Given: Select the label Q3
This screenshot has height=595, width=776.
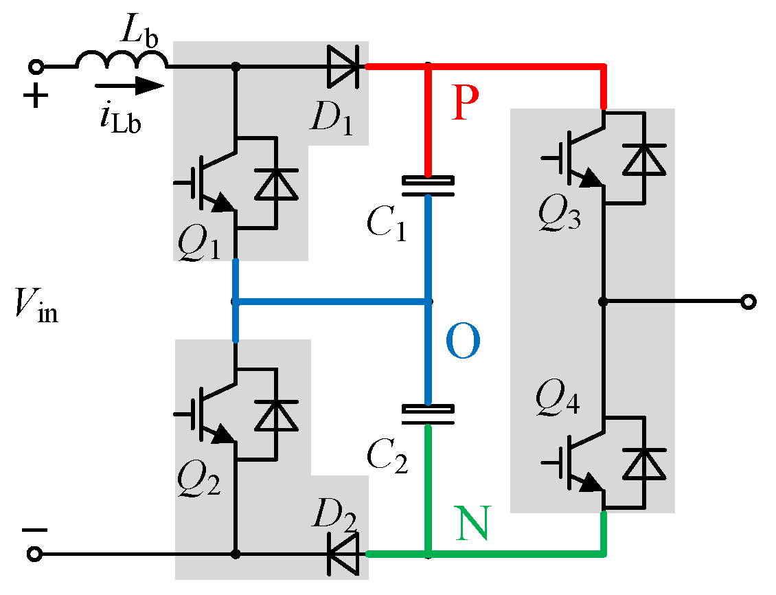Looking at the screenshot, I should (x=560, y=216).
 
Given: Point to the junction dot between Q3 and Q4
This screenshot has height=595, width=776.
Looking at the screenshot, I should (x=604, y=302).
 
